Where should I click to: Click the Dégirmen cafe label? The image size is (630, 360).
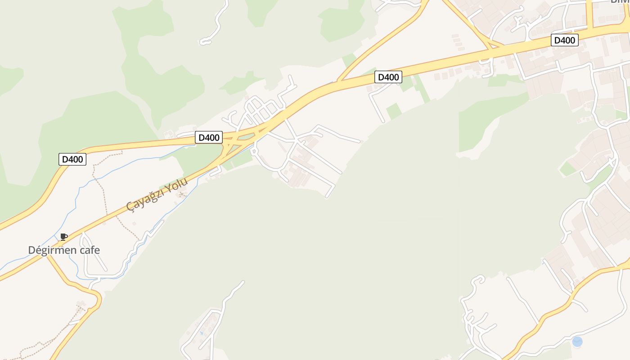pyautogui.click(x=64, y=250)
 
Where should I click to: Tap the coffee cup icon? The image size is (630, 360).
pyautogui.click(x=64, y=237)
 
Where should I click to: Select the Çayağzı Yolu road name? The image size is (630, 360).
pyautogui.click(x=157, y=194)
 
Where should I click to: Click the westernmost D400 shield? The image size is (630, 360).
pyautogui.click(x=72, y=159)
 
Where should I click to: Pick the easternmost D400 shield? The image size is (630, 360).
pyautogui.click(x=564, y=40)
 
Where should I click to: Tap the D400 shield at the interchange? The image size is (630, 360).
pyautogui.click(x=209, y=137)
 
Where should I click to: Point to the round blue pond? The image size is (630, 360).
pyautogui.click(x=577, y=342)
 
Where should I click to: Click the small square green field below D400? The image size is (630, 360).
pyautogui.click(x=393, y=111)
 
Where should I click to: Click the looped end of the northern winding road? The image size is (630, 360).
pyautogui.click(x=205, y=42)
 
